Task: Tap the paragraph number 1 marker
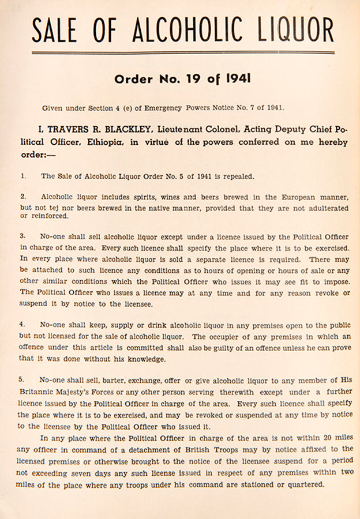coord(22,175)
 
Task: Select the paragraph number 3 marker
coord(22,236)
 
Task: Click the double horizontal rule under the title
coord(183,53)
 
